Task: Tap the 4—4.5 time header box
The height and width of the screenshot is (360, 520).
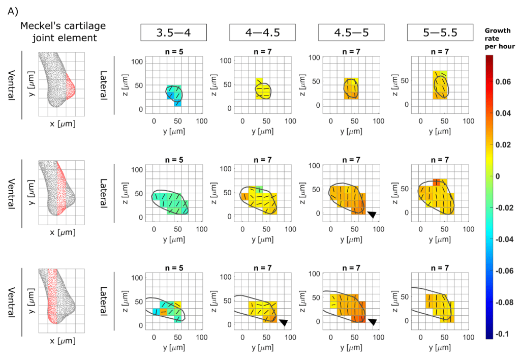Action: [x=262, y=33]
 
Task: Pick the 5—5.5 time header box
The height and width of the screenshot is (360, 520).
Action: [x=440, y=33]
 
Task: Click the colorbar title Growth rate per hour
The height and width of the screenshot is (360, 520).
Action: [x=500, y=38]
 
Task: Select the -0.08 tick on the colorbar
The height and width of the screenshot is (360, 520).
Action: [x=508, y=302]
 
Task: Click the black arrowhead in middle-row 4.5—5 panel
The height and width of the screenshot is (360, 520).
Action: [x=372, y=215]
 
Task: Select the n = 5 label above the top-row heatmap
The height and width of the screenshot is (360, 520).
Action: [x=173, y=51]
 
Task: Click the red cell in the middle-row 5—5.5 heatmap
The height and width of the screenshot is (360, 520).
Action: [x=436, y=183]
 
